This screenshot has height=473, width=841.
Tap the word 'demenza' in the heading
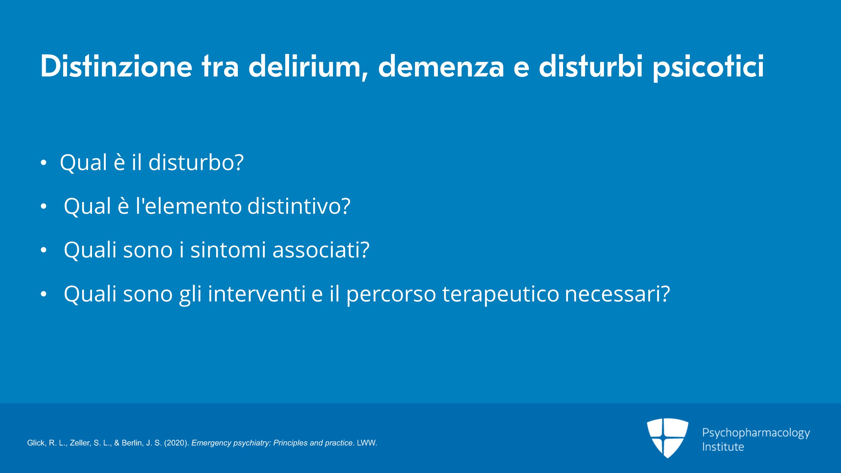[441, 67]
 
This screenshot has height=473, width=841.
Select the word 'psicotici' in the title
[708, 67]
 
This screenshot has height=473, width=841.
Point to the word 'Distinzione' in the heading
[116, 66]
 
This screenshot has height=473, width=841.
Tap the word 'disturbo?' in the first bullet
[196, 162]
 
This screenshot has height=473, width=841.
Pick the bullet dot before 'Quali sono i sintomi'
[44, 250]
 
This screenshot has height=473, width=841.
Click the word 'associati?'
[321, 250]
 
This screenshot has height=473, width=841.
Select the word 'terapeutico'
[501, 294]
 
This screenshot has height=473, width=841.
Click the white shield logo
[668, 438]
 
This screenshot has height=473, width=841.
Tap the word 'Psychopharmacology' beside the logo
[756, 433]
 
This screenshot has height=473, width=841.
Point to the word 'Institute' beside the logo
[723, 447]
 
